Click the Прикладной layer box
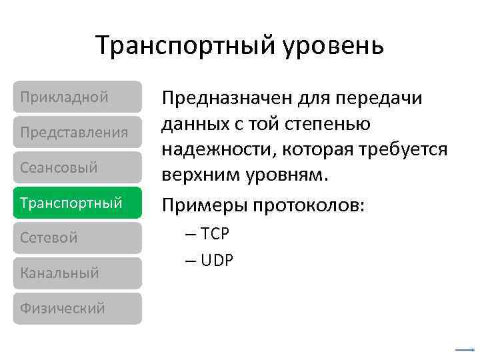77,97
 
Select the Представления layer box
77,132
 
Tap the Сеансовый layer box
77,167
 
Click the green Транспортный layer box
77,203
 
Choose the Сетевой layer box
77,238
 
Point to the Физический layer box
77,309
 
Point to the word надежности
211,151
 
